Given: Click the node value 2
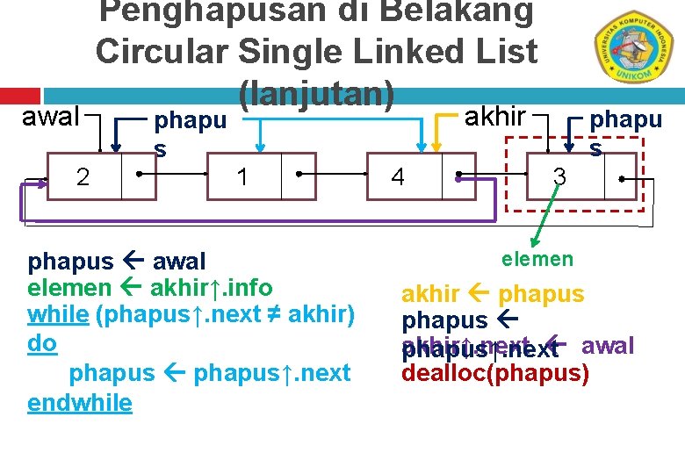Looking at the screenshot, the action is pos(83,177).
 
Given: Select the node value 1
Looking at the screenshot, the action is pos(242,177).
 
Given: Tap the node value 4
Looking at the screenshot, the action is pos(398,177).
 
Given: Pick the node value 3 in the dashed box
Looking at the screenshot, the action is pos(559,177).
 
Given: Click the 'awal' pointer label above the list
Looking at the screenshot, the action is pos(50,116).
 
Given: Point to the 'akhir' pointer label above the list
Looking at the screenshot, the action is pos(494,116).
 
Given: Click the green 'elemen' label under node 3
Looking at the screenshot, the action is pos(537,258).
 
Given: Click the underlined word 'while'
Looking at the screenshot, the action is pos(58,314).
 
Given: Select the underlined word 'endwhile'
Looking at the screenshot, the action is pos(80,403).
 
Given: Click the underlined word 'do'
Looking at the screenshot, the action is pos(42,343).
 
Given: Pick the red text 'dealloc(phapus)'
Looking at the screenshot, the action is pos(494,373).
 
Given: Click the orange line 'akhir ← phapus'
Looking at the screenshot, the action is pos(493,294).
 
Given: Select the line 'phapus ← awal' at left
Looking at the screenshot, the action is pos(117,261).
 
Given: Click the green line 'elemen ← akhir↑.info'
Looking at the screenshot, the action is pos(150,287).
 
